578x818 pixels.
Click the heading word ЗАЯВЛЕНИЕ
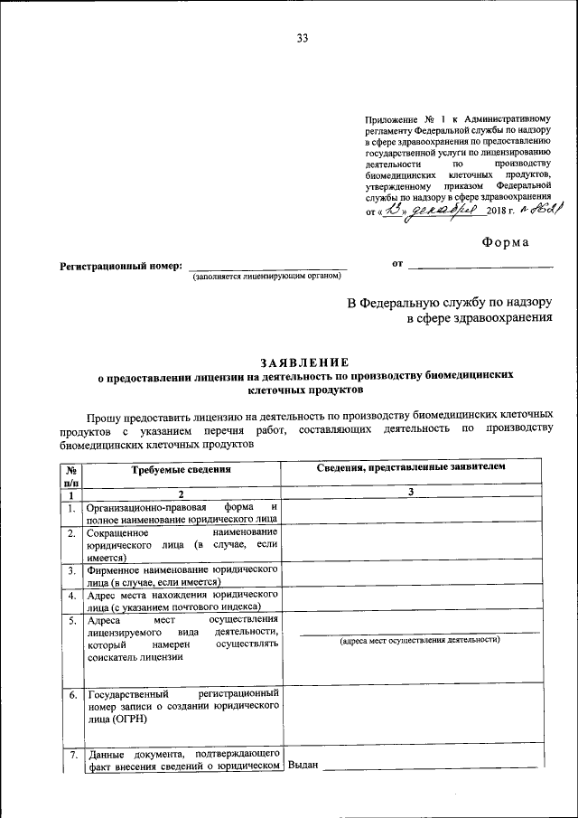click(x=303, y=362)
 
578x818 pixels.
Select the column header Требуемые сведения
click(x=181, y=469)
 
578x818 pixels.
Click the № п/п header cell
click(x=70, y=475)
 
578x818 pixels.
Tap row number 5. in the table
click(x=70, y=621)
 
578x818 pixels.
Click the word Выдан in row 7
click(x=303, y=766)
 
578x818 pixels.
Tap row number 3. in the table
click(x=70, y=571)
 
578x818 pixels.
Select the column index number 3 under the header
click(x=410, y=494)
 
